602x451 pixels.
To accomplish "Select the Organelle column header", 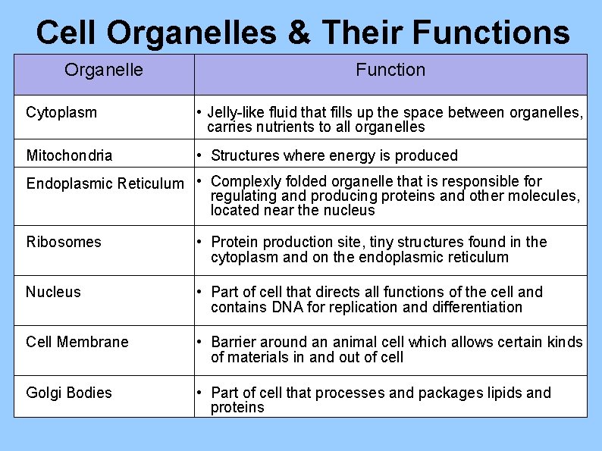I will click(103, 70).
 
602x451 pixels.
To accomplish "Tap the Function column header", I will click(390, 70).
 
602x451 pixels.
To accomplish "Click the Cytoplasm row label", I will click(61, 113).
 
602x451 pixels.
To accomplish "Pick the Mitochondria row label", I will click(69, 155).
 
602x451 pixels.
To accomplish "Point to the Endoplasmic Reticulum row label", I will click(105, 183).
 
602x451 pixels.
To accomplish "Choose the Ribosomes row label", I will click(64, 242).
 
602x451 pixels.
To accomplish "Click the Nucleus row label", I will click(53, 292).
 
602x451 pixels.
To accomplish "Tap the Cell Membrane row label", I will click(77, 342).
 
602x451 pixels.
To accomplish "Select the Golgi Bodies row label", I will click(69, 393).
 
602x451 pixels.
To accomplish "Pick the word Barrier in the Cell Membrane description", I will click(235, 342).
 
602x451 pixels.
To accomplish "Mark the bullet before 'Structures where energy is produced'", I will click(198, 155).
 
